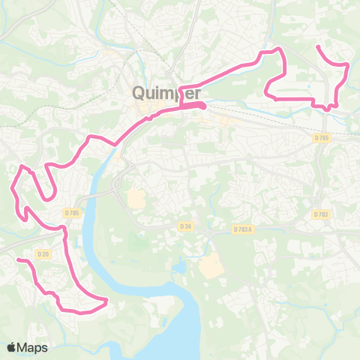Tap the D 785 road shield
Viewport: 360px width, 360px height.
coord(73,213)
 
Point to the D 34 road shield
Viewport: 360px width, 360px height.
coord(185,226)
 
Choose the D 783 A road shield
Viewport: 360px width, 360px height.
coord(243,229)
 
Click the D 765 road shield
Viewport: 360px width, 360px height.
coord(322,138)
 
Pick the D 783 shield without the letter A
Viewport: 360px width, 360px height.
coord(321,214)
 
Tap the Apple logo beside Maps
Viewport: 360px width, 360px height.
coord(12,347)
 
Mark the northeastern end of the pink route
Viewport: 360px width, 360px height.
coord(318,46)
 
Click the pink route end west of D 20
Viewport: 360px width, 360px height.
coord(18,259)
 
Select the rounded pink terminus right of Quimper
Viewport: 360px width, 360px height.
coord(202,106)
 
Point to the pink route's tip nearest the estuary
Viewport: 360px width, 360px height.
coord(107,301)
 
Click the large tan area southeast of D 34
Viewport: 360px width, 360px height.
coord(209,265)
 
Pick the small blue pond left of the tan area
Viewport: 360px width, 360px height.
coord(179,267)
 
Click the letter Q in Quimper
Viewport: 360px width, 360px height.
coord(138,93)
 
